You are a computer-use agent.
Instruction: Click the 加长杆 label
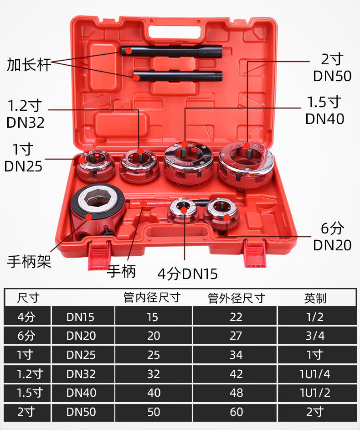point(29,65)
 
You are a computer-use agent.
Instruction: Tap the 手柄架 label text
point(29,261)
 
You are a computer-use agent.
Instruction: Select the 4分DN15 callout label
point(187,274)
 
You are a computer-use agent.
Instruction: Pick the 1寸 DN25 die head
point(95,165)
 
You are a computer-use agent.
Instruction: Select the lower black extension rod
point(178,76)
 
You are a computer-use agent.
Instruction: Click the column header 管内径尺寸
point(152,298)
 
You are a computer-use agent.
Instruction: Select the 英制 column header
point(315,299)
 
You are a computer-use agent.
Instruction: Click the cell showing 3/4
point(315,336)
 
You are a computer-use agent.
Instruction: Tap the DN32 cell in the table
point(81,374)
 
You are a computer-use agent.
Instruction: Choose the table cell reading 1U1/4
point(315,374)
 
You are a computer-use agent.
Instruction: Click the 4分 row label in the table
point(26,317)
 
